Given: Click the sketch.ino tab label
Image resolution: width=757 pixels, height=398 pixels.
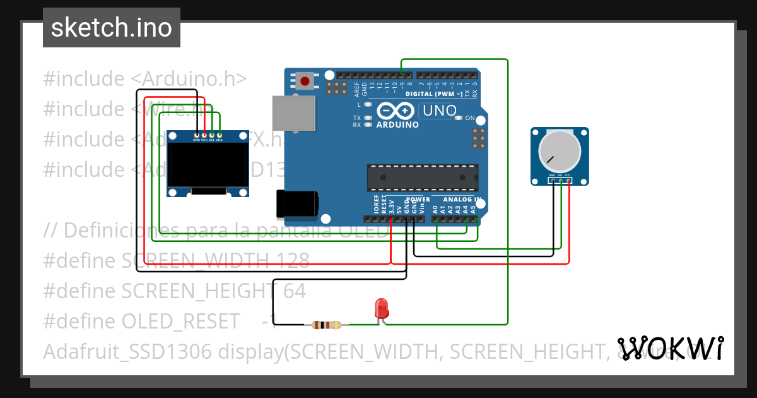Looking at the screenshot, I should pos(112,28).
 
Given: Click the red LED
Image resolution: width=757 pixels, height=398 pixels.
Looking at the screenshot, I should pos(381,308).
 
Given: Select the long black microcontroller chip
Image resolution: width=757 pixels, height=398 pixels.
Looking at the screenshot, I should pos(423,178).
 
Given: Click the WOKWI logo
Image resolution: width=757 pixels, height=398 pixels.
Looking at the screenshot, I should pos(671,348).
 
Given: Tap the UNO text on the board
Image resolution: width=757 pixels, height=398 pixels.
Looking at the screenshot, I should pos(439,111).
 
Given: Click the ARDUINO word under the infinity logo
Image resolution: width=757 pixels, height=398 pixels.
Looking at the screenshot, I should pos(397,125).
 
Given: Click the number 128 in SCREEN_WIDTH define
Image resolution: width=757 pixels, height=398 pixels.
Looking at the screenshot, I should pos(291,260).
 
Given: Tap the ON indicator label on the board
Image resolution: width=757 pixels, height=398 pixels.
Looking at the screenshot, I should pos(469,118).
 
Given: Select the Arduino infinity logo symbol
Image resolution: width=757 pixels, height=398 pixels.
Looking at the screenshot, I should pos(396,111).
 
